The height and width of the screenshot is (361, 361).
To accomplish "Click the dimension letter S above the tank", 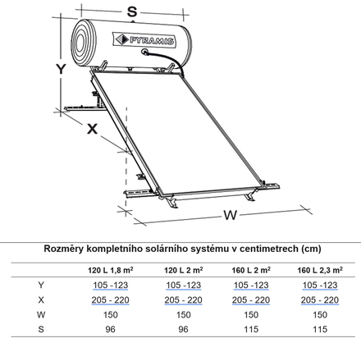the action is point(132,11).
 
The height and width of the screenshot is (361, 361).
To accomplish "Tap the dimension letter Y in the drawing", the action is point(61,69).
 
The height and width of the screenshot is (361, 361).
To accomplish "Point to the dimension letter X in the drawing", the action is point(92,129).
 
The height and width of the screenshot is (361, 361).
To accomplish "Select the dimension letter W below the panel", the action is point(230,215).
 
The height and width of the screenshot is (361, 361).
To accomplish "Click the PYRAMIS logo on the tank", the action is point(144,40).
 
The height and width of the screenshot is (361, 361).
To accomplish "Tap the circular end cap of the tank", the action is point(84,43).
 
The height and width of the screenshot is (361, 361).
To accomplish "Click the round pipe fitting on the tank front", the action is point(144,51).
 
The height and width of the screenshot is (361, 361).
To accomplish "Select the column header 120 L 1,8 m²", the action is point(111,270).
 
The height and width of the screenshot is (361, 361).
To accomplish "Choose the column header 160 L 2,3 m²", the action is point(320,270).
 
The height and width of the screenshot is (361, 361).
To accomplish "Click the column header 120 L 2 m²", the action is point(183,270).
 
